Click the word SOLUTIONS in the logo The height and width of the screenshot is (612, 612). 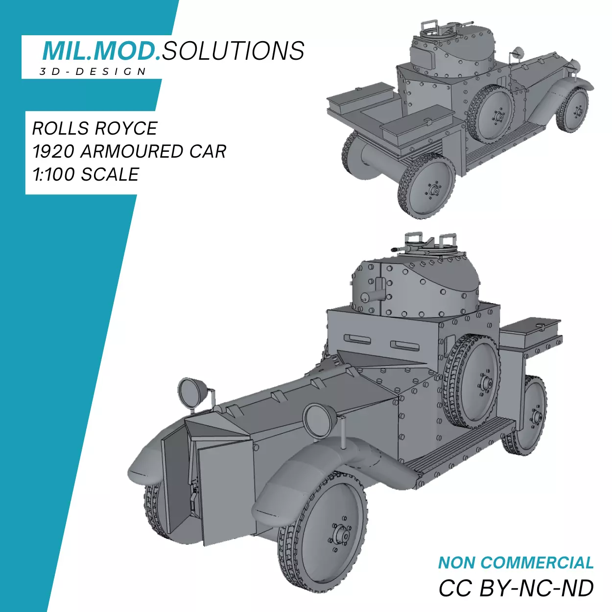click(x=234, y=51)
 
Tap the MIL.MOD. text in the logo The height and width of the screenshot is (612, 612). click(x=101, y=51)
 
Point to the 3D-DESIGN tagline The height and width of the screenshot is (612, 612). click(x=93, y=71)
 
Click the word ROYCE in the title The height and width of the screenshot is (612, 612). click(x=126, y=128)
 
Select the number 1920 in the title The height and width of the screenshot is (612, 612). click(x=53, y=151)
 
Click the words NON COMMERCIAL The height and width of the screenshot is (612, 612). click(x=516, y=563)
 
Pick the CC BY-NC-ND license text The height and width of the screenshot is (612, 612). click(x=516, y=588)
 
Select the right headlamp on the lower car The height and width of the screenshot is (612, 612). click(x=319, y=420)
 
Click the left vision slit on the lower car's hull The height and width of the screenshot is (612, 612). click(x=357, y=339)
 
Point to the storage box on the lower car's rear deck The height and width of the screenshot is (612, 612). click(x=531, y=333)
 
